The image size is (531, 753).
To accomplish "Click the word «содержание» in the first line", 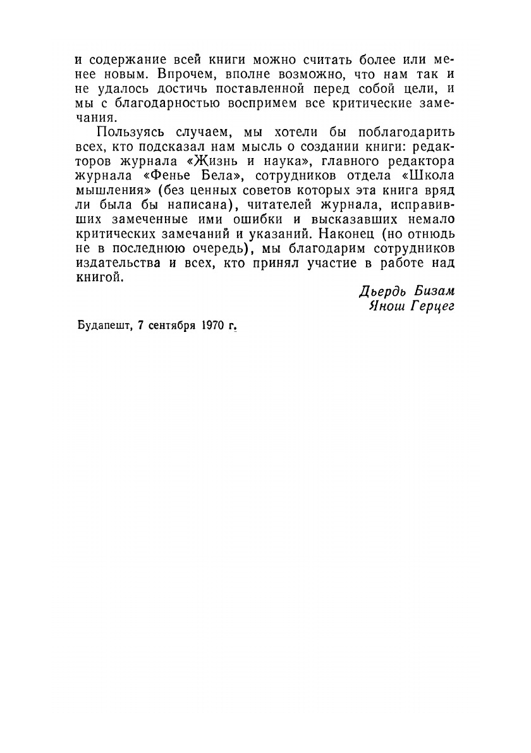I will click(x=123, y=61).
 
